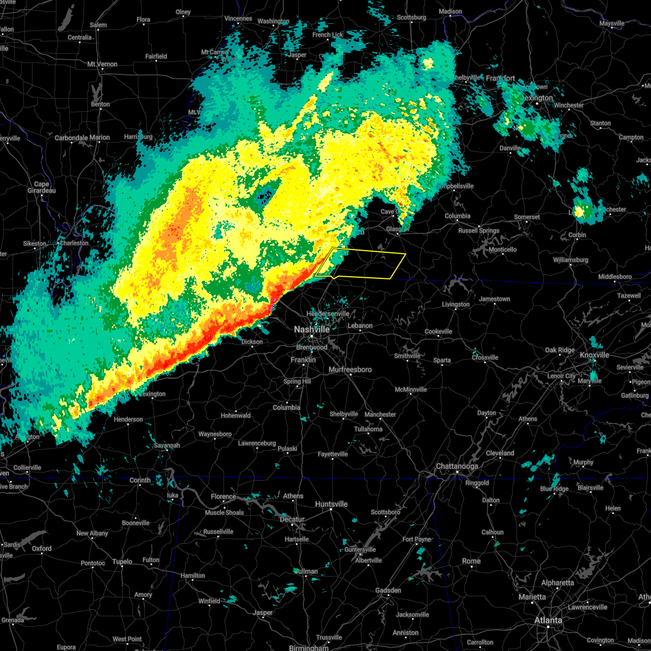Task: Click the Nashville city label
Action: pos(311,330)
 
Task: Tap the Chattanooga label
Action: pos(457,467)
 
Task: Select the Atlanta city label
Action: pos(548,620)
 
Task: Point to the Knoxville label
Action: pos(595,355)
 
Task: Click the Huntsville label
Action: pos(331,504)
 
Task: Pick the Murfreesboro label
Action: pos(350,369)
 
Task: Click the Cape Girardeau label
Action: pos(42,187)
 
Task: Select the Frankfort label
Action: pos(500,78)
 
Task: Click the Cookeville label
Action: pos(438,331)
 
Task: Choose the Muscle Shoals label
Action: pos(224,513)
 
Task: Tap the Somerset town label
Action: pos(527,217)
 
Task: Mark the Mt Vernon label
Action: pos(102,64)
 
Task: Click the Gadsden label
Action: pos(388,590)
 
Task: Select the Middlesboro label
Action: pos(615,277)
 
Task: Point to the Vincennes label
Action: pos(238,18)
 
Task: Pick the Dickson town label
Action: pos(252,342)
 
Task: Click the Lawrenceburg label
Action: pos(257,443)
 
